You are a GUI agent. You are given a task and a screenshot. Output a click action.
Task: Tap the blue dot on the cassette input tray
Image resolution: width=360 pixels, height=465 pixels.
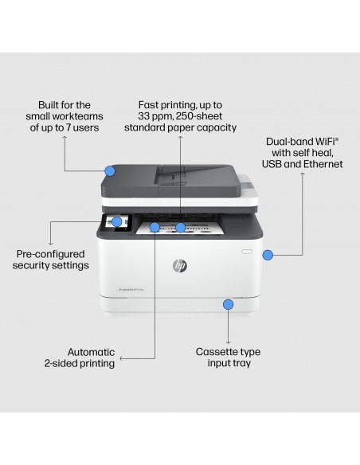click(x=229, y=303)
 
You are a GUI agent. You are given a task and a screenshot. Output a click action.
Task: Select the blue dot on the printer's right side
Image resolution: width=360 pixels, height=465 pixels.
click(x=268, y=255)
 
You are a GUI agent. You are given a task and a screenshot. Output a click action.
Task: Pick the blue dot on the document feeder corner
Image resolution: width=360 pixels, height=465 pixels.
click(x=109, y=169)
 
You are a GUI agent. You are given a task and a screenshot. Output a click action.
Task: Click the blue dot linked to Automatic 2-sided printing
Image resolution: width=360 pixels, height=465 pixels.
click(x=155, y=228)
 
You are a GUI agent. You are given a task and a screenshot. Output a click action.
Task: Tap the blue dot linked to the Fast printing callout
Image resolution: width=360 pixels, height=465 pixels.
click(x=181, y=228)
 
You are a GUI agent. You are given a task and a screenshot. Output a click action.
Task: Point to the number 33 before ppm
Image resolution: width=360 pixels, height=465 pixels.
click(x=146, y=116)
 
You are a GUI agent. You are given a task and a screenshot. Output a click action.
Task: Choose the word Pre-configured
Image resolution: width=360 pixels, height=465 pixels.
click(x=50, y=254)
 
